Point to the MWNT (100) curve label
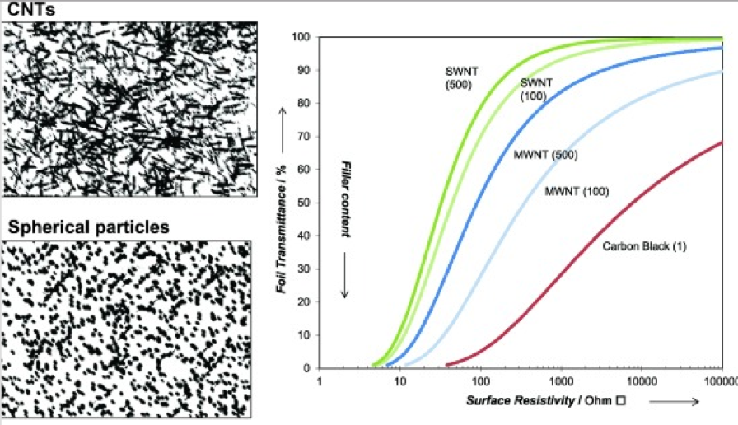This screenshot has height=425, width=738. pyautogui.click(x=577, y=192)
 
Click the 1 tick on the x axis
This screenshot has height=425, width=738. pyautogui.click(x=319, y=381)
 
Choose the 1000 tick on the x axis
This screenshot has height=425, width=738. pyautogui.click(x=560, y=381)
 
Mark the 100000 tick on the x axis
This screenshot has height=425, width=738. pyautogui.click(x=721, y=381)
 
